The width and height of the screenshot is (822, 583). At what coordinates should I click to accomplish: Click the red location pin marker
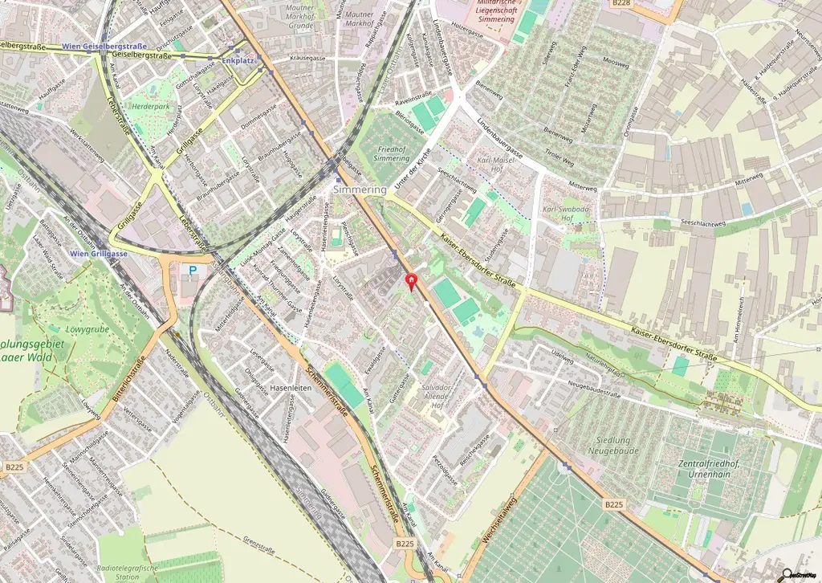(x=413, y=282)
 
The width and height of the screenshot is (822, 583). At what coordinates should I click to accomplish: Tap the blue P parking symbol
(x=193, y=271)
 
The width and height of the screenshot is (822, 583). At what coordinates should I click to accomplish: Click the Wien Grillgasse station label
(x=99, y=254)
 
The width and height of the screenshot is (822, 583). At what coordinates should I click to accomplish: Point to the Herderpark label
(x=151, y=106)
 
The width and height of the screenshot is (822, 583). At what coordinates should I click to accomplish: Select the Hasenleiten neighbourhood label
(x=291, y=387)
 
